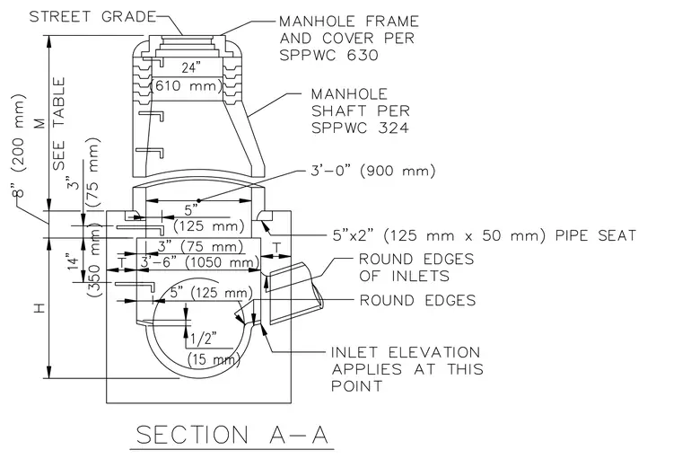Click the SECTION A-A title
click(x=232, y=435)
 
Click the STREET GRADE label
click(x=92, y=16)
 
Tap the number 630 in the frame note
click(x=364, y=56)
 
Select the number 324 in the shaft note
click(x=394, y=128)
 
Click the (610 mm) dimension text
click(x=186, y=85)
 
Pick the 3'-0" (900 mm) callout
click(x=372, y=171)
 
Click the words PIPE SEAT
click(x=596, y=235)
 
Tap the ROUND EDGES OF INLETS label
click(x=416, y=268)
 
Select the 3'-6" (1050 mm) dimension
click(x=199, y=262)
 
